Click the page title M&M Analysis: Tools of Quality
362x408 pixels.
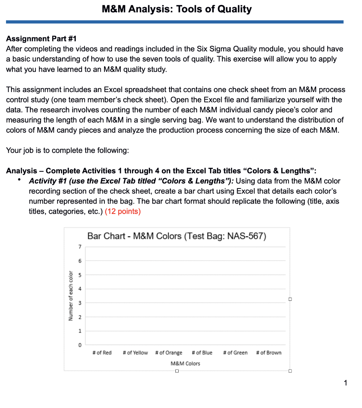(177, 9)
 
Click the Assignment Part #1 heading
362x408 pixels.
(41, 39)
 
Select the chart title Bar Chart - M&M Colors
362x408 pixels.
(177, 236)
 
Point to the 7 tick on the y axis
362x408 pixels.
(79, 247)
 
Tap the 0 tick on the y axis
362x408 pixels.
(79, 345)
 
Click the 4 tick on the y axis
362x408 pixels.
(79, 289)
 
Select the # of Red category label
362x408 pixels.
(102, 353)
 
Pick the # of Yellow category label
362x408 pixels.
(135, 353)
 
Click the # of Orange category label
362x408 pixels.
(169, 353)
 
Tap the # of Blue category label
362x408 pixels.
(202, 353)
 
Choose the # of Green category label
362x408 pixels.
(235, 353)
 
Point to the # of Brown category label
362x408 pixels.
(269, 353)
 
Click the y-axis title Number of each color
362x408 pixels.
(71, 296)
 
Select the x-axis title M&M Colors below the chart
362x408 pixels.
(185, 363)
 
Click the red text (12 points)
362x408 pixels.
(123, 212)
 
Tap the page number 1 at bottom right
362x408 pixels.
(345, 383)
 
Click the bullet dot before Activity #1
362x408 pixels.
(19, 180)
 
